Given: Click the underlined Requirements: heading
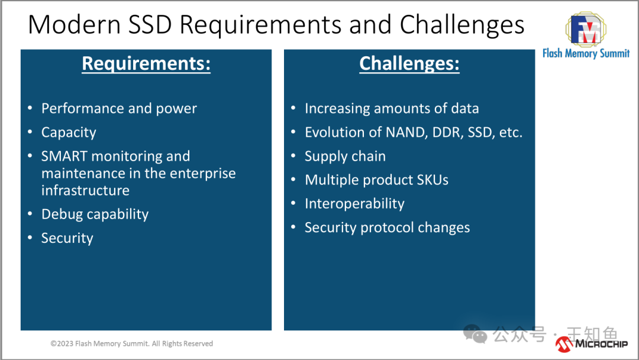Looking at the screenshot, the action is click(x=146, y=63).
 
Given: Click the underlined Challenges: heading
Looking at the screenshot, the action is click(x=409, y=63).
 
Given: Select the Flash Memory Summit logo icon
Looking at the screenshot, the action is click(x=586, y=29).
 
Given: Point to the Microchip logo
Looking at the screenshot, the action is click(x=591, y=344).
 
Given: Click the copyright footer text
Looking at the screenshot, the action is click(x=131, y=343).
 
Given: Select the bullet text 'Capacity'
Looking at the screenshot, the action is click(x=69, y=133).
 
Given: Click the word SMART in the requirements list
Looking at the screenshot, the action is click(x=64, y=156).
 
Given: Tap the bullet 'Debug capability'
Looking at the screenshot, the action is click(x=95, y=214).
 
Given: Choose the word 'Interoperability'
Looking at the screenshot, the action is click(x=354, y=204).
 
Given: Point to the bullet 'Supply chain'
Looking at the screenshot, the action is click(x=345, y=156).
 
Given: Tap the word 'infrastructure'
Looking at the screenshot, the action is click(x=86, y=191).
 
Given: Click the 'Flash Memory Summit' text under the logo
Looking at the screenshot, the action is click(x=586, y=53).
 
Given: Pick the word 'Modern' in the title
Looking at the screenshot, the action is click(x=74, y=24).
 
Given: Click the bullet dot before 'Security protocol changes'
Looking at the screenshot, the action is click(x=293, y=227).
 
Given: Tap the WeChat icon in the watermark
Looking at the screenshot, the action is click(x=475, y=334).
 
